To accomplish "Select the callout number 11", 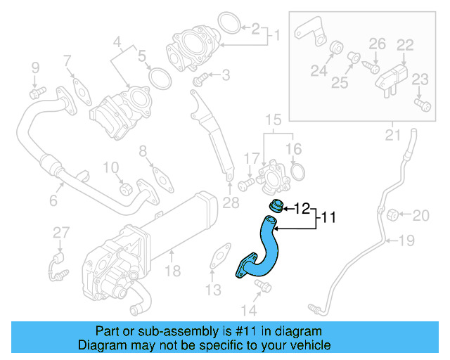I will (328, 219).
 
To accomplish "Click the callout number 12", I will (302, 208).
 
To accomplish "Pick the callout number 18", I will (173, 270).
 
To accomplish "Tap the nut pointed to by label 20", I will (394, 214).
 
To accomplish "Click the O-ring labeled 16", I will (297, 172).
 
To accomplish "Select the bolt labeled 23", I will (423, 105).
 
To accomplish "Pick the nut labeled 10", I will (126, 190).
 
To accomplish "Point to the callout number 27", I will (61, 232).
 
